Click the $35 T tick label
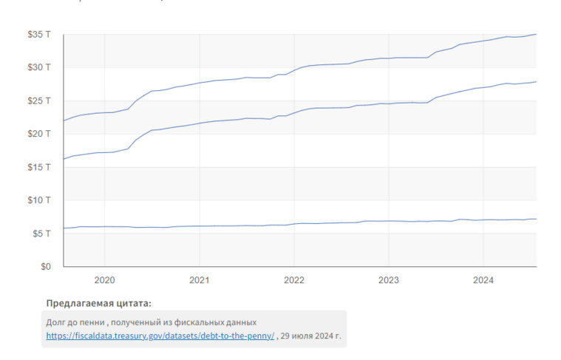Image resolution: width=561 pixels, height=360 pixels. tap(39, 34)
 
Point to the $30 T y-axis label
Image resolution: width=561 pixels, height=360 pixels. tap(39, 67)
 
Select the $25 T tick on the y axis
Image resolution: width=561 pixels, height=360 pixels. tap(39, 101)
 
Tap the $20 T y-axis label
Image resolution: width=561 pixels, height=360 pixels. tap(39, 134)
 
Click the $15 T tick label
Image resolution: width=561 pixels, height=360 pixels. tap(39, 167)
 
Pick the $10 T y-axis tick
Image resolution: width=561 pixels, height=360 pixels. tap(39, 200)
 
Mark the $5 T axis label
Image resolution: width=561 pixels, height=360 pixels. tap(41, 234)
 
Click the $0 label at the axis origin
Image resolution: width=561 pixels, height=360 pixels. tap(44, 266)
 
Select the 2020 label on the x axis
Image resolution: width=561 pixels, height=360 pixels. tap(104, 280)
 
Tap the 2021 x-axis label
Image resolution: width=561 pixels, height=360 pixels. tap(199, 280)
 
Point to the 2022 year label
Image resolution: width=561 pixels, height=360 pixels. tap(293, 280)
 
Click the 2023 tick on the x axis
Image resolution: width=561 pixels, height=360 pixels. tap(388, 280)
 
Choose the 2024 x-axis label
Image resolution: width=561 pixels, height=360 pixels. tap(483, 280)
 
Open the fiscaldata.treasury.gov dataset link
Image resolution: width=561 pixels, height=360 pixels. tap(160, 336)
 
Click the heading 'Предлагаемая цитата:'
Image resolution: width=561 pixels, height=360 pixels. tap(98, 303)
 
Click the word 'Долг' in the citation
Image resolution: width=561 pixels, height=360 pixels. tap(56, 322)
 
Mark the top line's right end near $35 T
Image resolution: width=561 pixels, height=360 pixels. tap(535, 34)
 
